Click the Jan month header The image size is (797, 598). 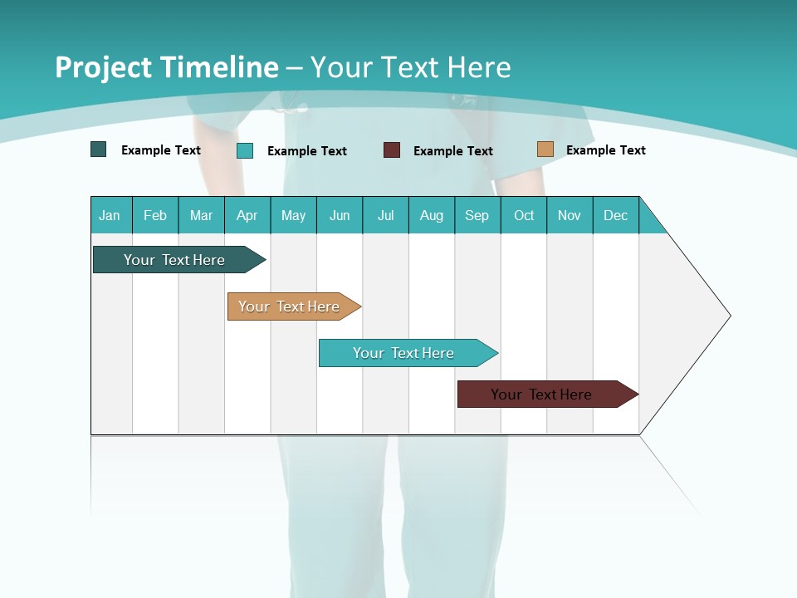click(x=110, y=215)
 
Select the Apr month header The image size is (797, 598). click(x=247, y=215)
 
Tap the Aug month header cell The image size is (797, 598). click(x=432, y=215)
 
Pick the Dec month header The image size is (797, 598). click(x=616, y=215)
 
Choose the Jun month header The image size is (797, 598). click(x=340, y=215)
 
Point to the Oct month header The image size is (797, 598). click(x=524, y=215)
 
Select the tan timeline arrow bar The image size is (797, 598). click(x=291, y=306)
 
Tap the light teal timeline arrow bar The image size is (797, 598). click(x=405, y=353)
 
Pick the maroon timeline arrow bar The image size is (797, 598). click(x=544, y=395)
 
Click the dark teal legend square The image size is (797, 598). click(x=99, y=149)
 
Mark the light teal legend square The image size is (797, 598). click(x=245, y=150)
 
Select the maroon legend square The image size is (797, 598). click(x=392, y=150)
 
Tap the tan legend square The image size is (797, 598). click(x=545, y=149)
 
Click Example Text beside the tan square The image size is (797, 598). click(x=605, y=150)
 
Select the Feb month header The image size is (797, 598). click(x=155, y=215)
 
